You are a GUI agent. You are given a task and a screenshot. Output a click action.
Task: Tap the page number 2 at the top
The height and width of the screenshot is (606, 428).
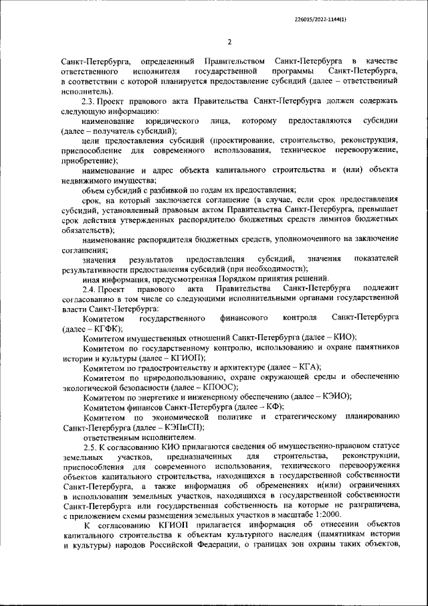pos(229,42)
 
